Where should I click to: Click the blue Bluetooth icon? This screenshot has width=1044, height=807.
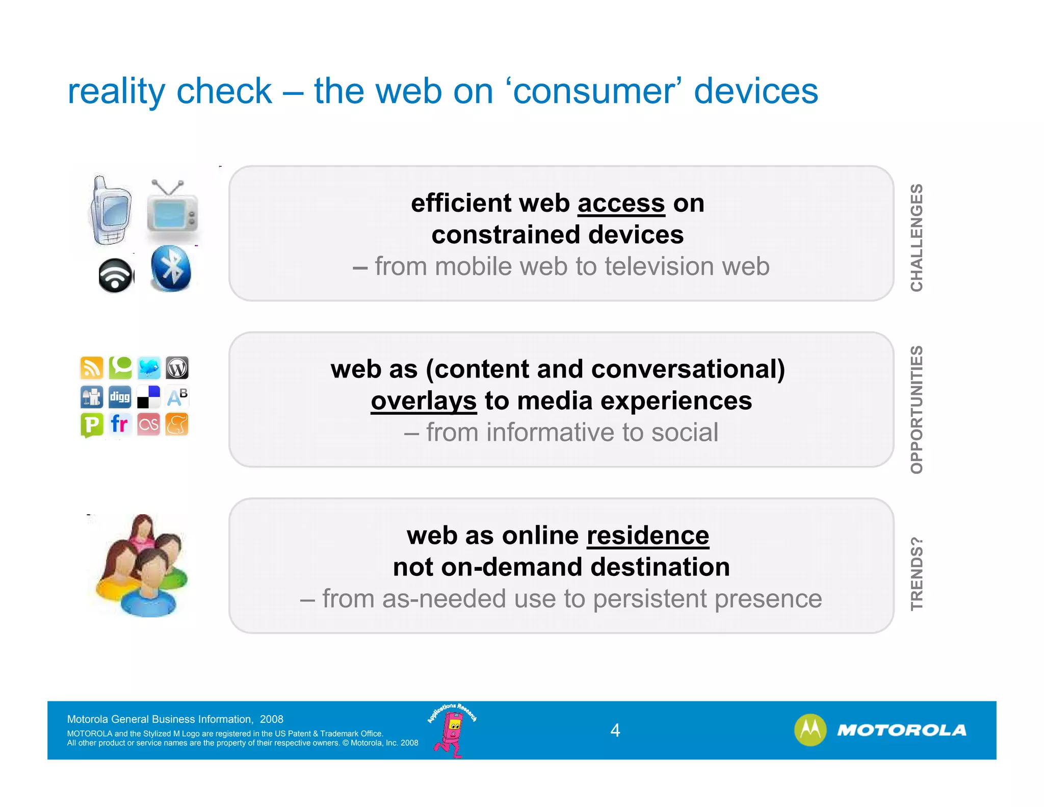pyautogui.click(x=171, y=268)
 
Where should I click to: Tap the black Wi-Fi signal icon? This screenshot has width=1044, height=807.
pyautogui.click(x=116, y=275)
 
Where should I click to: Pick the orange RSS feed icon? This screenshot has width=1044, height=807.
pyautogui.click(x=92, y=368)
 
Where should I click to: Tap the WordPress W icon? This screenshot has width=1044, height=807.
pyautogui.click(x=177, y=368)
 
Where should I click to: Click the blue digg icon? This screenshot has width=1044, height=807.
pyautogui.click(x=120, y=397)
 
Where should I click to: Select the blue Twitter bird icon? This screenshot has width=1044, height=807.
pyautogui.click(x=149, y=368)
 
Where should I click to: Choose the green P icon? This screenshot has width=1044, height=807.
pyautogui.click(x=92, y=425)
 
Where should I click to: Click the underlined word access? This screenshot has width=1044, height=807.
pyautogui.click(x=621, y=204)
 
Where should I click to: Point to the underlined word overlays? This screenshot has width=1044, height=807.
pyautogui.click(x=423, y=401)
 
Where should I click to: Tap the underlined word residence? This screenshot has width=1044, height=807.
pyautogui.click(x=647, y=536)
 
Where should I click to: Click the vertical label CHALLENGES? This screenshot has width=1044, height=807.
pyautogui.click(x=917, y=238)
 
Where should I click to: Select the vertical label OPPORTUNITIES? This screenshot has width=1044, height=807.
pyautogui.click(x=917, y=410)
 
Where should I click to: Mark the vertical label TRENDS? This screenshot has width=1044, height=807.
pyautogui.click(x=917, y=573)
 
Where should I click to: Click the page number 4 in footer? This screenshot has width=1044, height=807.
pyautogui.click(x=615, y=730)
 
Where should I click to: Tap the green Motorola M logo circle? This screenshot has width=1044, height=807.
pyautogui.click(x=810, y=730)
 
